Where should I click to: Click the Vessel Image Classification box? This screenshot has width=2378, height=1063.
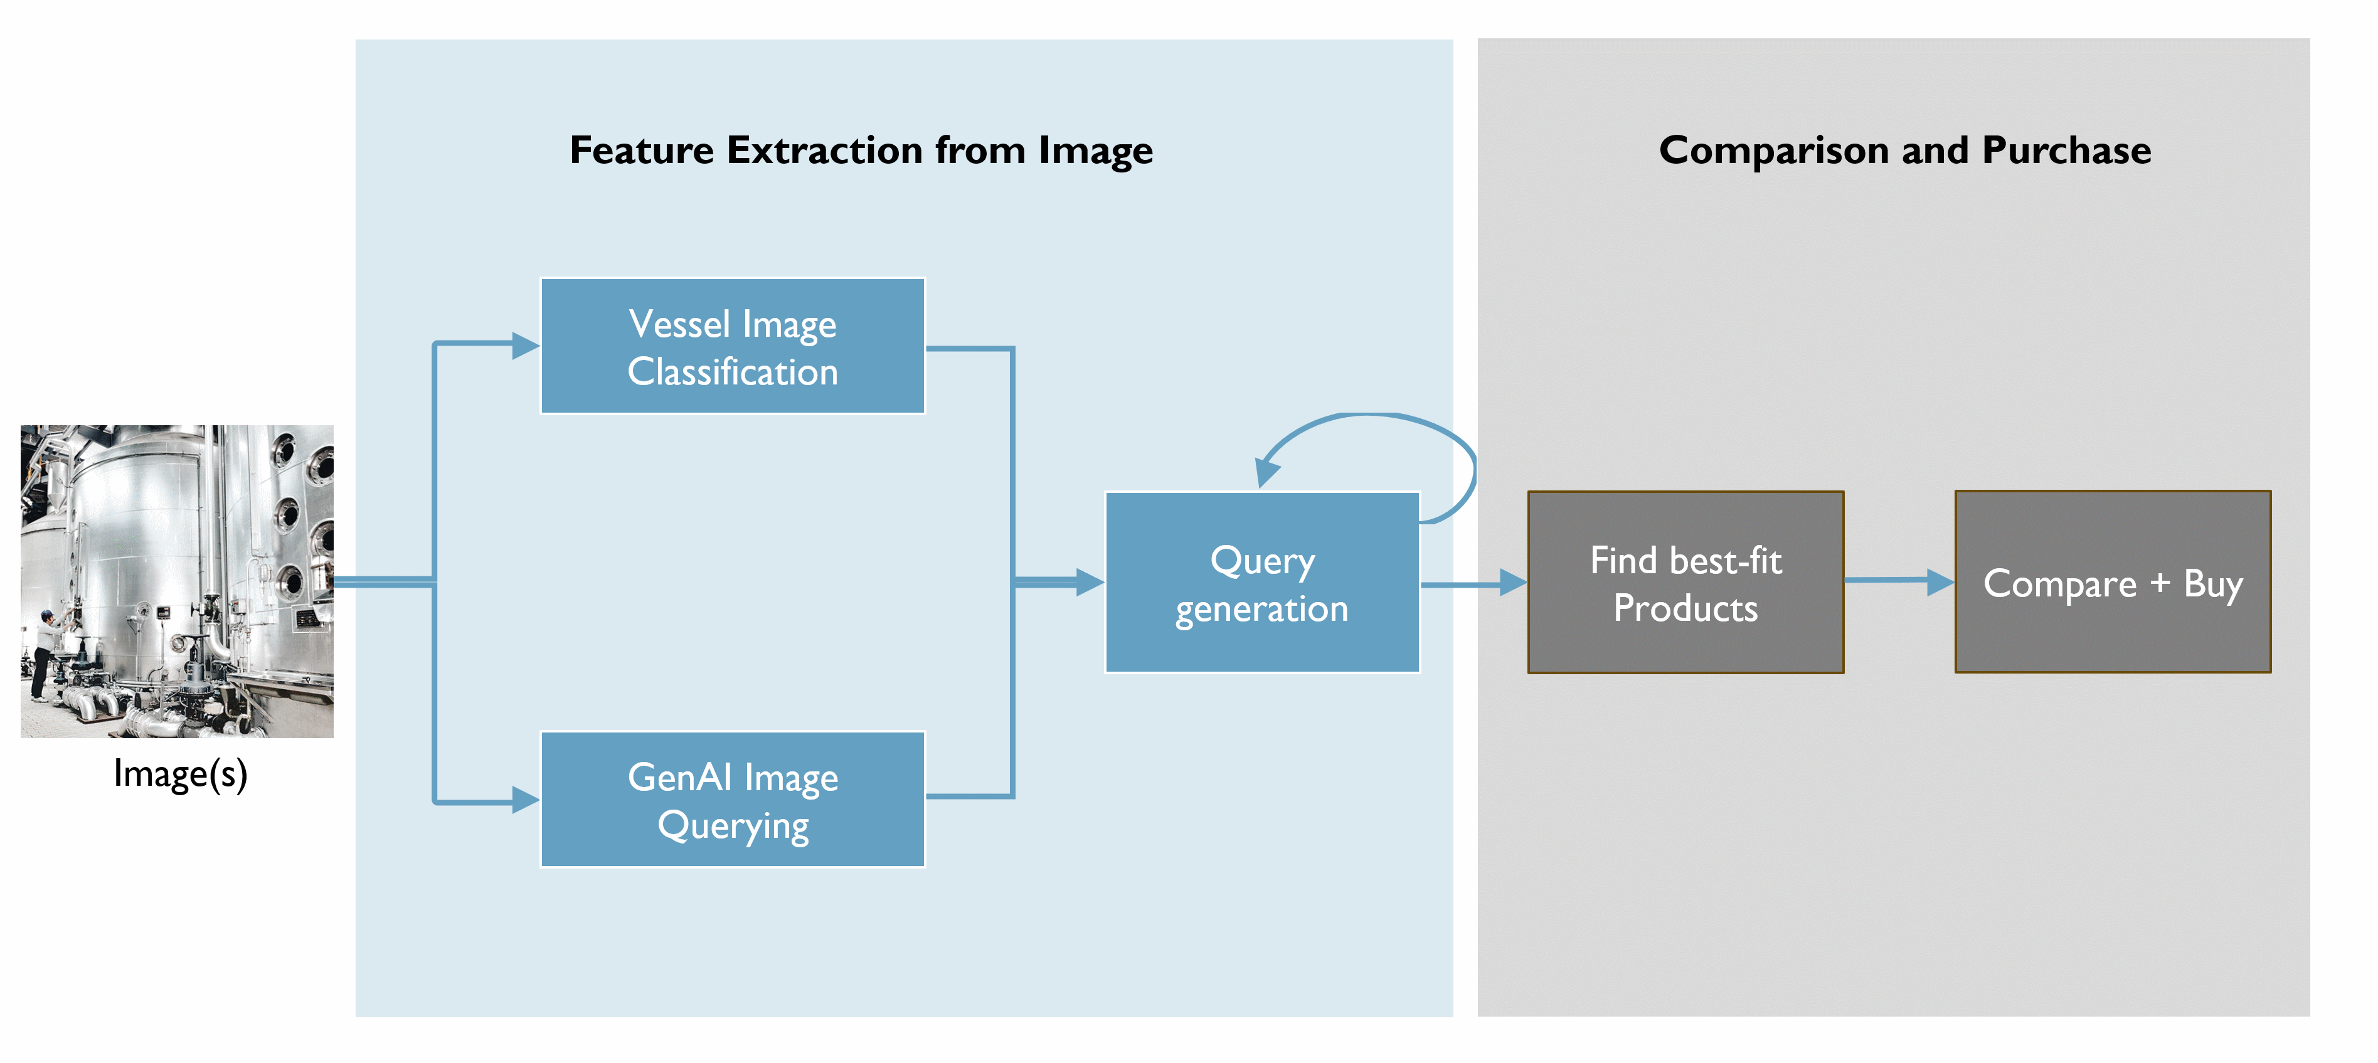tap(732, 346)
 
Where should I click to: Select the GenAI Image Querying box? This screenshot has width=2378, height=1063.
tap(732, 799)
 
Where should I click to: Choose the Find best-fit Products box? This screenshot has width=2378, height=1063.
tap(1685, 582)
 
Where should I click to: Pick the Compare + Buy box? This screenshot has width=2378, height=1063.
tap(2112, 582)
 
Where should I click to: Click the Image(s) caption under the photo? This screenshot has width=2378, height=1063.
tap(180, 773)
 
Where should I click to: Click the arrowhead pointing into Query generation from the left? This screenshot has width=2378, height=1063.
tap(1090, 582)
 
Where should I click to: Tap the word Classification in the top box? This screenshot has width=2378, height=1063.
tap(732, 372)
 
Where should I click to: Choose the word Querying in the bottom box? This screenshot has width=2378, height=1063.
tap(733, 826)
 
